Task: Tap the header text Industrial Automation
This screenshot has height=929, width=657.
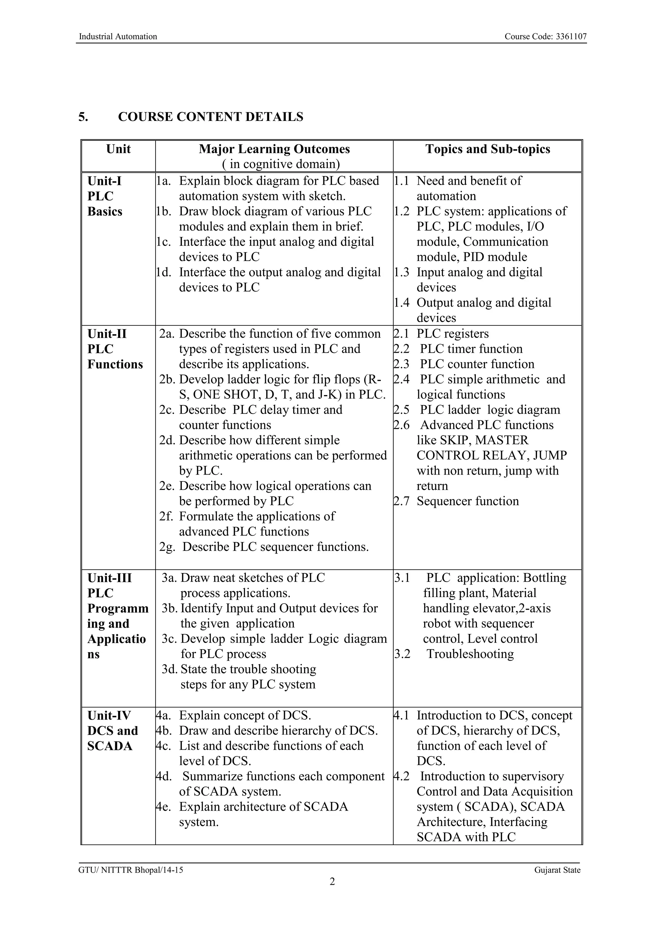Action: pos(118,37)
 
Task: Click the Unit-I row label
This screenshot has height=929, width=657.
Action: pos(105,181)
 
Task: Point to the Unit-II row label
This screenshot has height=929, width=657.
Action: pos(107,334)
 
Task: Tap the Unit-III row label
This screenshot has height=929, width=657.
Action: pos(109,578)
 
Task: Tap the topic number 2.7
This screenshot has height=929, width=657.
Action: pos(401,501)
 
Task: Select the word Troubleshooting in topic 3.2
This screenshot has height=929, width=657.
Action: pos(470,654)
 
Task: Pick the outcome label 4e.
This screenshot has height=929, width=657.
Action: pos(163,807)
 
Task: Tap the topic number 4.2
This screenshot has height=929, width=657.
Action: pos(401,776)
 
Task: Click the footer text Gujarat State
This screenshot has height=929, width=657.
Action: pos(557,870)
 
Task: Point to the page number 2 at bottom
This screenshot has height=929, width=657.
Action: pos(332,882)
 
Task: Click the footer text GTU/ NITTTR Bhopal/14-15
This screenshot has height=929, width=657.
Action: pos(131,870)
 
